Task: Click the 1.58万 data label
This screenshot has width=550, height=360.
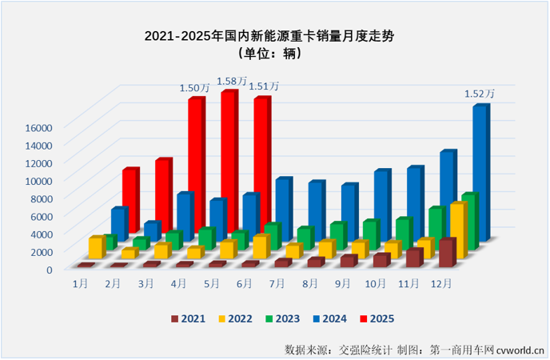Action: click(232, 81)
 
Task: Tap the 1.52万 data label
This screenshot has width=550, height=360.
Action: click(480, 94)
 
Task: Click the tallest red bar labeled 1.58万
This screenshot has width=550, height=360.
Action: click(229, 160)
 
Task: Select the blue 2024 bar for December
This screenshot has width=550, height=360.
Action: click(480, 172)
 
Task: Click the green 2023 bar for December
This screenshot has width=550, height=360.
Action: click(468, 220)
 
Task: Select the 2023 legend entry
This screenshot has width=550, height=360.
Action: click(281, 318)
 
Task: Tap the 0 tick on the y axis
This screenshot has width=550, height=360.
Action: click(48, 269)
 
